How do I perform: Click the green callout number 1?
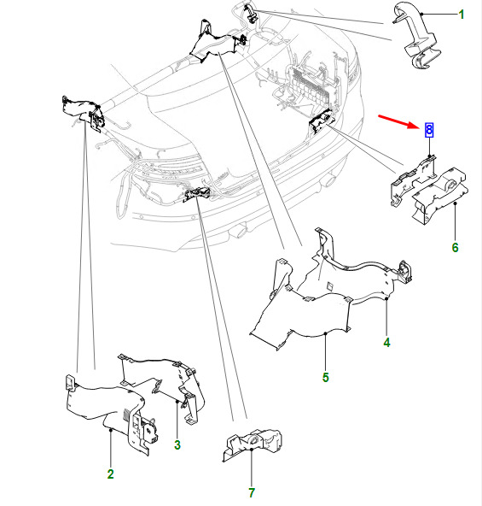[462, 15]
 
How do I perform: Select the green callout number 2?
[111, 474]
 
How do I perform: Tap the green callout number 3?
[177, 444]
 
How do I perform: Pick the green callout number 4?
[387, 343]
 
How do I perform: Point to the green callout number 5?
[325, 377]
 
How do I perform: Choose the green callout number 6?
[455, 248]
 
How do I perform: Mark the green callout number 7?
[252, 493]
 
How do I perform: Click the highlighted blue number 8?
[429, 130]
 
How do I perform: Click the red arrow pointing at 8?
[398, 121]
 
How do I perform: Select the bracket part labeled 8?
[412, 180]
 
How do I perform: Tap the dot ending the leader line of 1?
[421, 14]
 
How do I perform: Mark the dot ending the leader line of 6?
[456, 203]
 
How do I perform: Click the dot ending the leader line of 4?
[386, 299]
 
